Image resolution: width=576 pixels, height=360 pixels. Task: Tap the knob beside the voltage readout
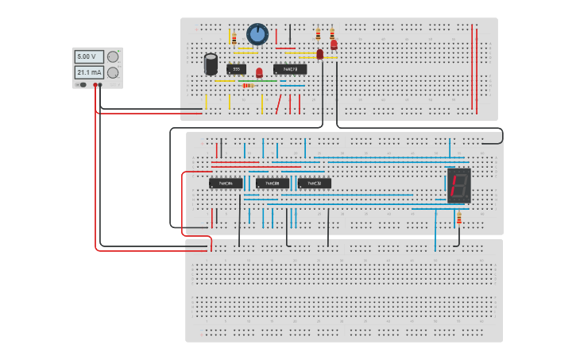tap(113, 56)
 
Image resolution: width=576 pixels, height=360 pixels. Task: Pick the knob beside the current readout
tap(113, 72)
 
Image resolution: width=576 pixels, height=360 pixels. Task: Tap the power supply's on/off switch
tap(80, 84)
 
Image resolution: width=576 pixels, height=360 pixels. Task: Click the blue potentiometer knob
tap(257, 34)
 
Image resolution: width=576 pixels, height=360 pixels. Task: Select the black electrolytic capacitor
tap(211, 64)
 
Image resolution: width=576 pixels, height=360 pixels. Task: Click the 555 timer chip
tap(236, 69)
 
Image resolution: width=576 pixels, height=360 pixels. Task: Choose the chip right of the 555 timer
tap(290, 69)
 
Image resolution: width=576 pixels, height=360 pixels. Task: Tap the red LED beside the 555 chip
tap(259, 73)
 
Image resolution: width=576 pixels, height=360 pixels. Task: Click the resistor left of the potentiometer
tap(234, 37)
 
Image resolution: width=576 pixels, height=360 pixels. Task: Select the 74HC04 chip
tap(226, 184)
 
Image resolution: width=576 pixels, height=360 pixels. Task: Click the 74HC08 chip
tap(273, 184)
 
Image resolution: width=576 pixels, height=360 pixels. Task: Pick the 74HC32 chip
tap(314, 184)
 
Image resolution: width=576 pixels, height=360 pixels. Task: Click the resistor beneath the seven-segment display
tap(458, 217)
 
